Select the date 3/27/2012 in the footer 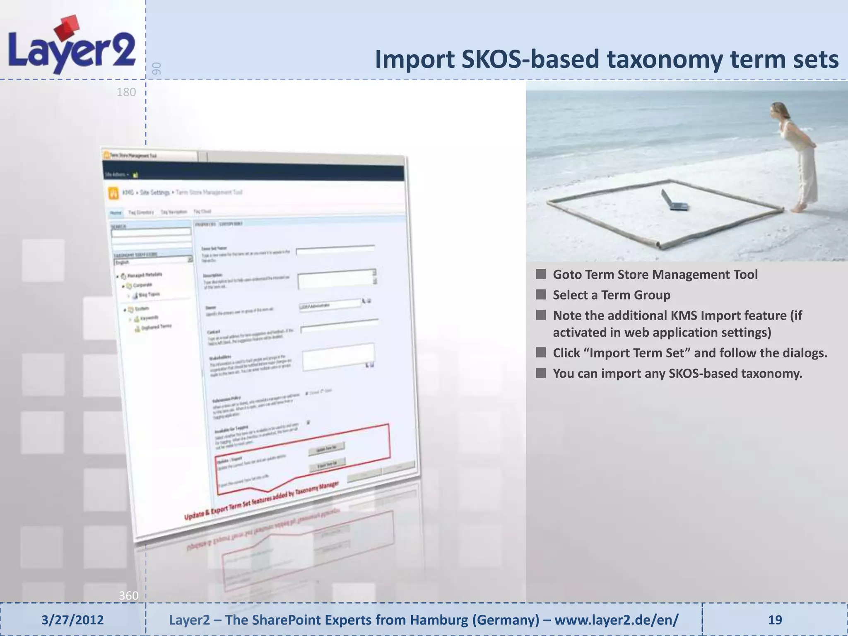72,620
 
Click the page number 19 775,620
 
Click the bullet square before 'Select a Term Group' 541,295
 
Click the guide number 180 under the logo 126,92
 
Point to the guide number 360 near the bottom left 128,595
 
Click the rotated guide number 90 156,68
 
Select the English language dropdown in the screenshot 152,260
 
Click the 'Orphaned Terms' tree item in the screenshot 156,327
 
